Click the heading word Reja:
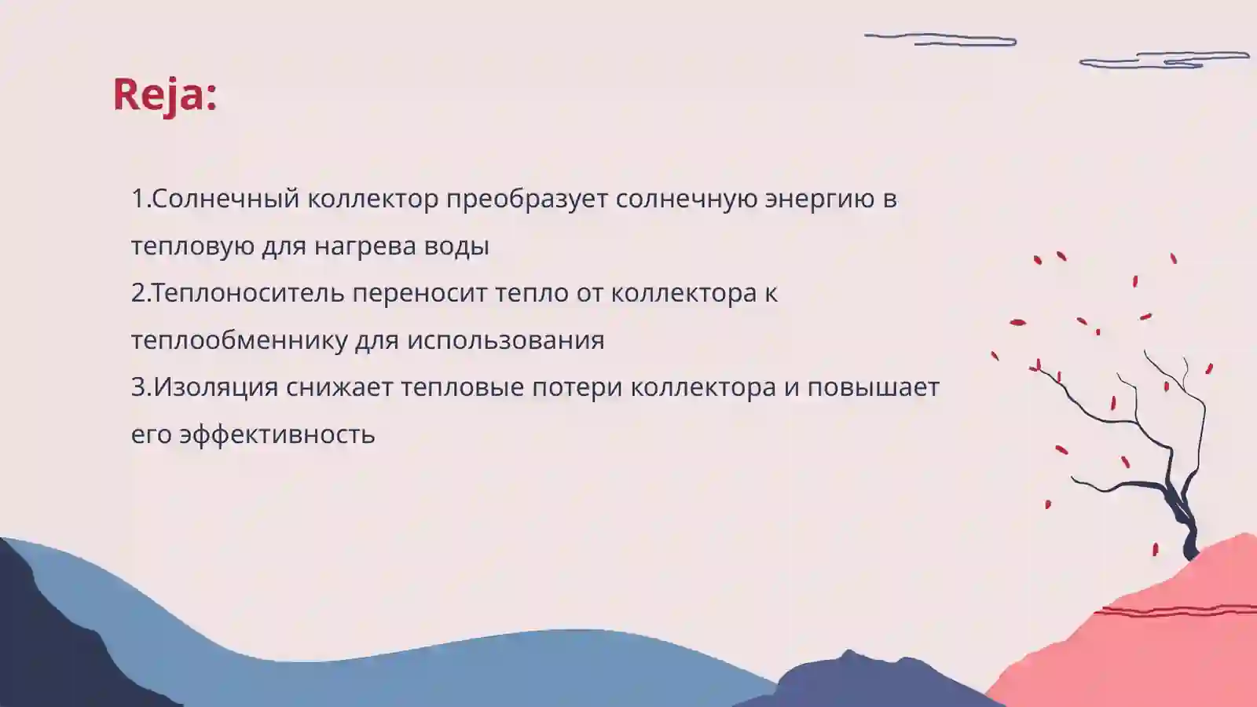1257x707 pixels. coord(165,94)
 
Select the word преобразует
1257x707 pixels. coord(527,199)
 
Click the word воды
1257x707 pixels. coord(456,246)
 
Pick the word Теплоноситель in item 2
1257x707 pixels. coord(248,293)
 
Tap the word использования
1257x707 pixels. coord(505,340)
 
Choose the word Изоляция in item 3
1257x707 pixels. coord(216,387)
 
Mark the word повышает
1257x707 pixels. coord(873,387)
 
